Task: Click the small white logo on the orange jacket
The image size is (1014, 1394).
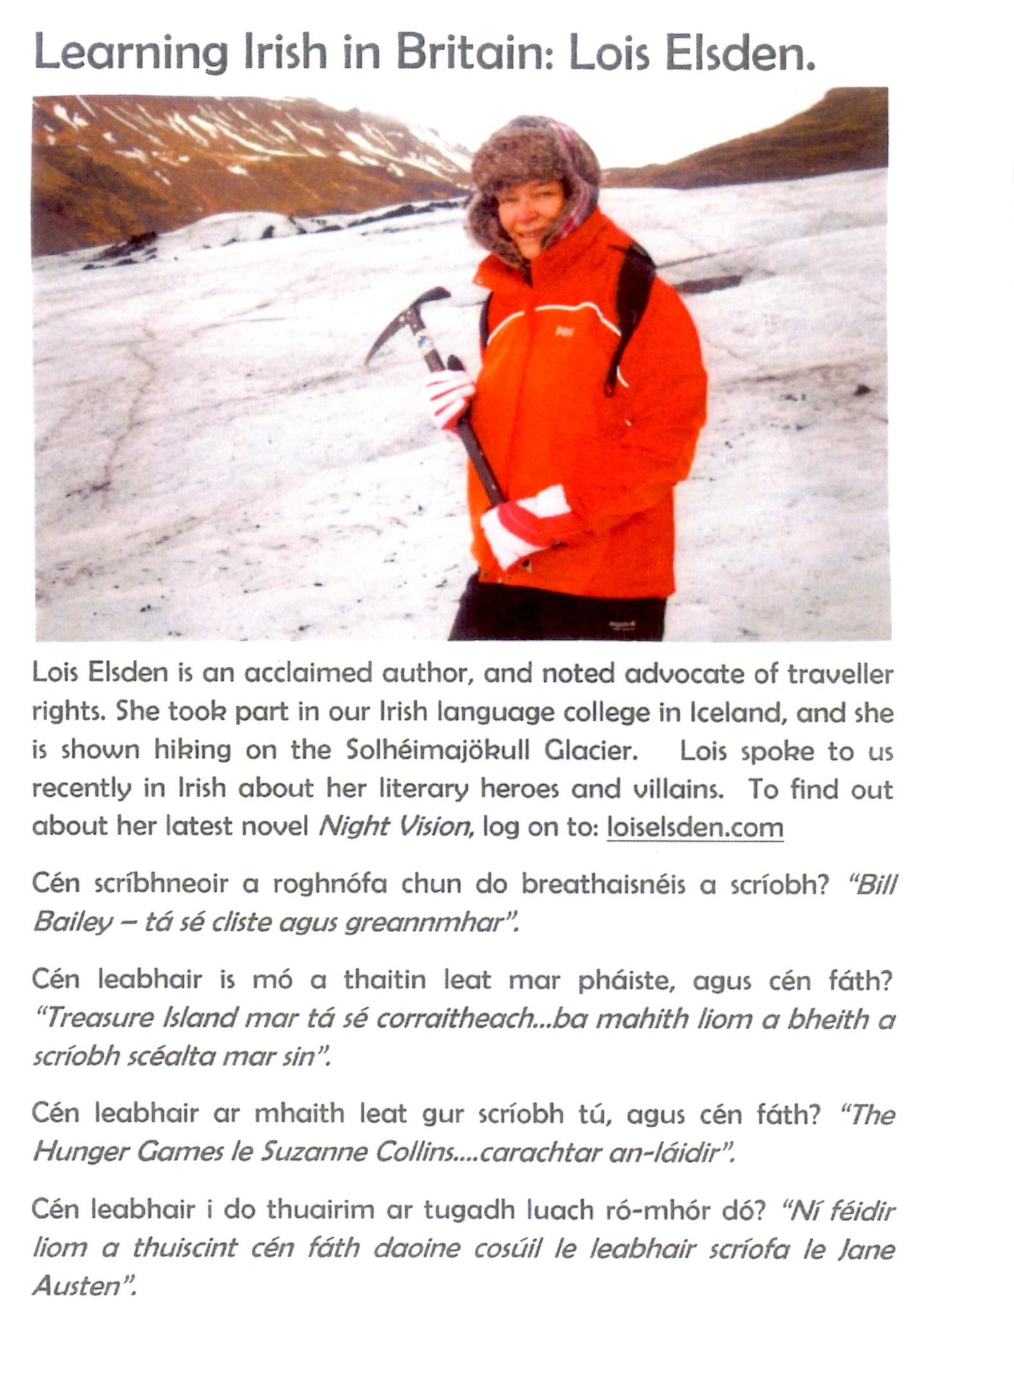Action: point(562,331)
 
